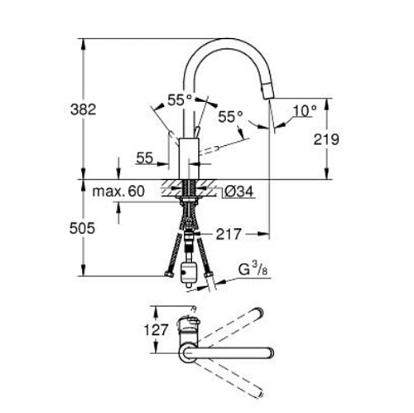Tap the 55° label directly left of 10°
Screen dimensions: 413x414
tap(231, 117)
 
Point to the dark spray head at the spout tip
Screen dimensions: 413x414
tap(268, 86)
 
